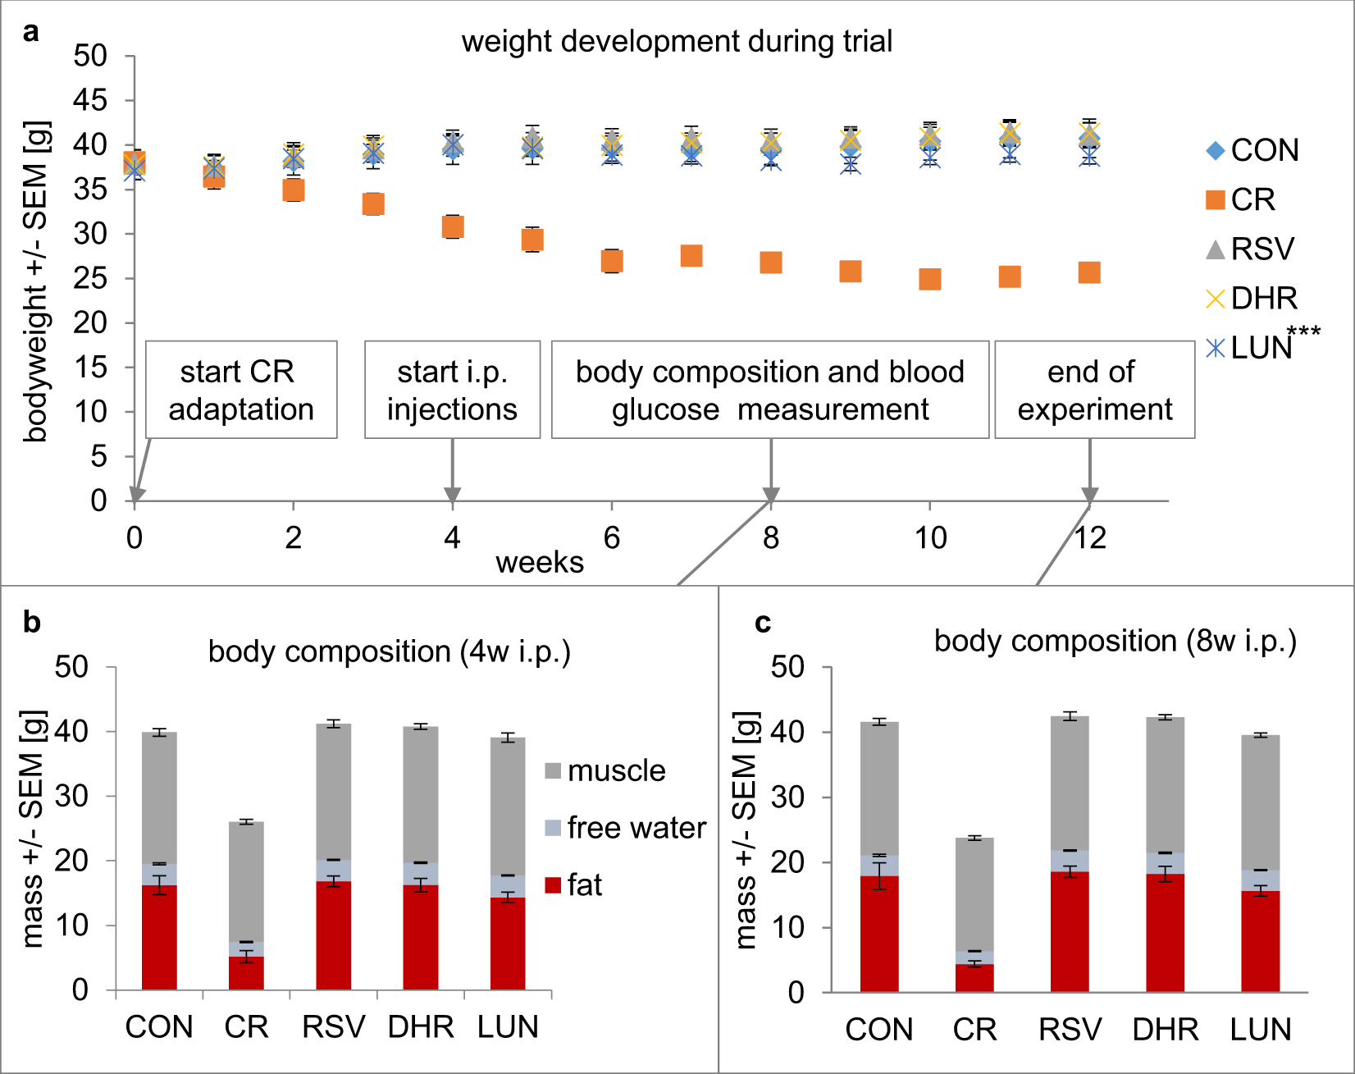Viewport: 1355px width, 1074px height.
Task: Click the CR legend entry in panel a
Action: pyautogui.click(x=1242, y=199)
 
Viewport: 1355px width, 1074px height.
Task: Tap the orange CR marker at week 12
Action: pyautogui.click(x=1089, y=272)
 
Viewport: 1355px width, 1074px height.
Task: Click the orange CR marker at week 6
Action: pyautogui.click(x=612, y=261)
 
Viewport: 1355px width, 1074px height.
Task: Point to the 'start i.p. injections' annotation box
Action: pyautogui.click(x=452, y=390)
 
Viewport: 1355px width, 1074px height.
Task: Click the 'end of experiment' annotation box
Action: pyautogui.click(x=1094, y=390)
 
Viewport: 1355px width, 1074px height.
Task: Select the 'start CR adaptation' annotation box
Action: pyautogui.click(x=241, y=390)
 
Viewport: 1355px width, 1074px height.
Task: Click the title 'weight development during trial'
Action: pyautogui.click(x=677, y=41)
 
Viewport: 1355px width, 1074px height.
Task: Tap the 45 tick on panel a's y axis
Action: pyautogui.click(x=90, y=101)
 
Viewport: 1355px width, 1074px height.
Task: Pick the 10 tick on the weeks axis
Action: pyautogui.click(x=930, y=537)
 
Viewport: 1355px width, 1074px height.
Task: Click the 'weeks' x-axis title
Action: pyautogui.click(x=540, y=562)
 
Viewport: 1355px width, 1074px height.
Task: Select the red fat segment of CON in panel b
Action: pyautogui.click(x=159, y=937)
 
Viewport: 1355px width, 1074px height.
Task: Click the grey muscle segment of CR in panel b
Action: pyautogui.click(x=246, y=882)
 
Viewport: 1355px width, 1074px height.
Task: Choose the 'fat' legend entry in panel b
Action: pyautogui.click(x=573, y=885)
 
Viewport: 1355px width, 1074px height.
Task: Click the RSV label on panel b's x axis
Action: pyautogui.click(x=333, y=1026)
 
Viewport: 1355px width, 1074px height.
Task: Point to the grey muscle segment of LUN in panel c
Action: pyautogui.click(x=1261, y=802)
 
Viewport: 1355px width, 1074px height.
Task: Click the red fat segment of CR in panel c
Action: pyautogui.click(x=974, y=978)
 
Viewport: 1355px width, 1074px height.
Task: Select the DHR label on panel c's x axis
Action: pyautogui.click(x=1166, y=1029)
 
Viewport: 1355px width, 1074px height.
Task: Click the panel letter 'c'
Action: pyautogui.click(x=763, y=624)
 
